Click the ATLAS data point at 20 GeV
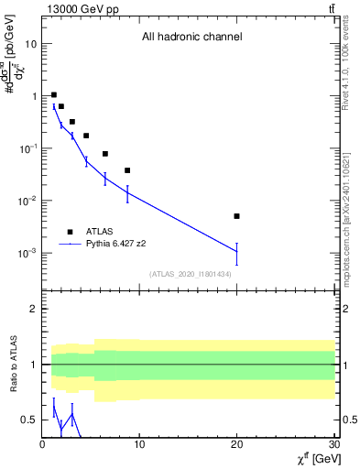(236, 216)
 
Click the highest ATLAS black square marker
(54, 94)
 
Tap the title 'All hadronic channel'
(191, 38)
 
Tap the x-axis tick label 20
(236, 445)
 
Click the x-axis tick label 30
(333, 445)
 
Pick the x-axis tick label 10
(139, 445)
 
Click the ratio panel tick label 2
(34, 310)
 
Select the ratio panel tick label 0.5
(29, 420)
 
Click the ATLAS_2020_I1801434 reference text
(191, 274)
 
